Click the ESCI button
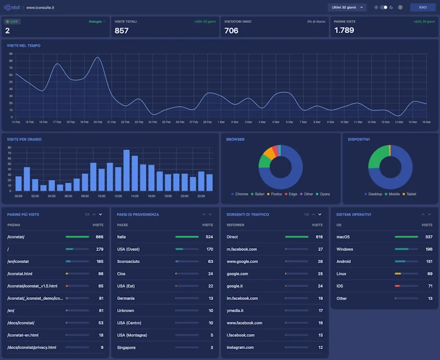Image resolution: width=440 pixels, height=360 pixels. tap(422, 8)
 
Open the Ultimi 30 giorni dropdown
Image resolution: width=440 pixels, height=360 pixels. tap(346, 8)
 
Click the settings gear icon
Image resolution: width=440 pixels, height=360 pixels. tap(400, 8)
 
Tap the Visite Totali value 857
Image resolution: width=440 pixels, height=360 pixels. tap(122, 31)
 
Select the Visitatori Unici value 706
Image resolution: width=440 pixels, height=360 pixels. tap(231, 31)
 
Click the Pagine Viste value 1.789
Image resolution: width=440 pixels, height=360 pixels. tap(344, 31)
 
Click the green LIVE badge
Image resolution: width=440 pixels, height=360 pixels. tap(12, 21)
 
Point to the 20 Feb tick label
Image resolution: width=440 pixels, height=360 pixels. tap(97, 122)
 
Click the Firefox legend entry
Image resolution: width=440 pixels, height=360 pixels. tap(274, 194)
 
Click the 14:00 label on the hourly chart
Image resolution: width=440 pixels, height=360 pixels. tap(134, 196)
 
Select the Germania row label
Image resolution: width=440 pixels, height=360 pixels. tap(126, 298)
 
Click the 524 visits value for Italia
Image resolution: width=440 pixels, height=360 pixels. tap(209, 237)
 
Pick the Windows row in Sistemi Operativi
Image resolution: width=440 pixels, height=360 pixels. tap(345, 249)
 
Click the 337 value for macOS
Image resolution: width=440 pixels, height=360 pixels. tap(428, 237)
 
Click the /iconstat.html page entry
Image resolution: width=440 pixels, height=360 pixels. tap(20, 274)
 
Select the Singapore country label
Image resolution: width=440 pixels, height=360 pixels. tap(127, 347)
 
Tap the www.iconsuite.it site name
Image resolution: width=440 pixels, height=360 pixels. tap(40, 8)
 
